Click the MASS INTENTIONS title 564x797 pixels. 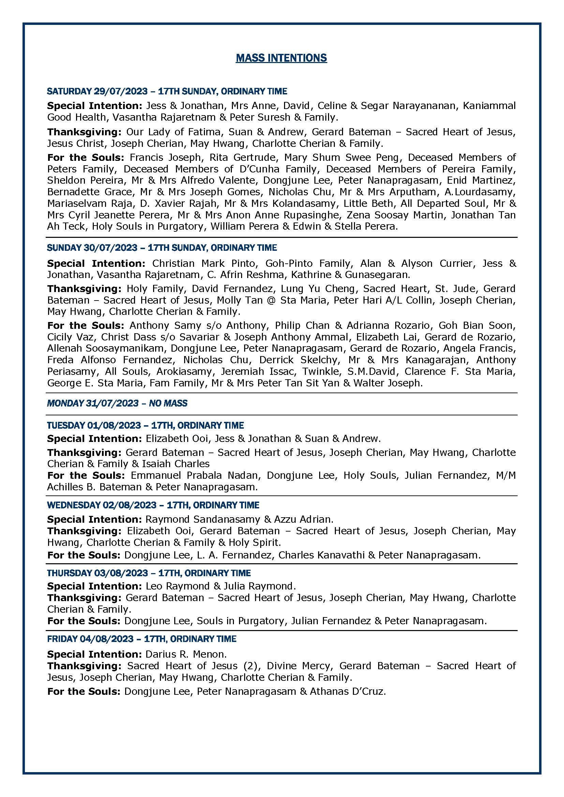[x=281, y=58]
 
